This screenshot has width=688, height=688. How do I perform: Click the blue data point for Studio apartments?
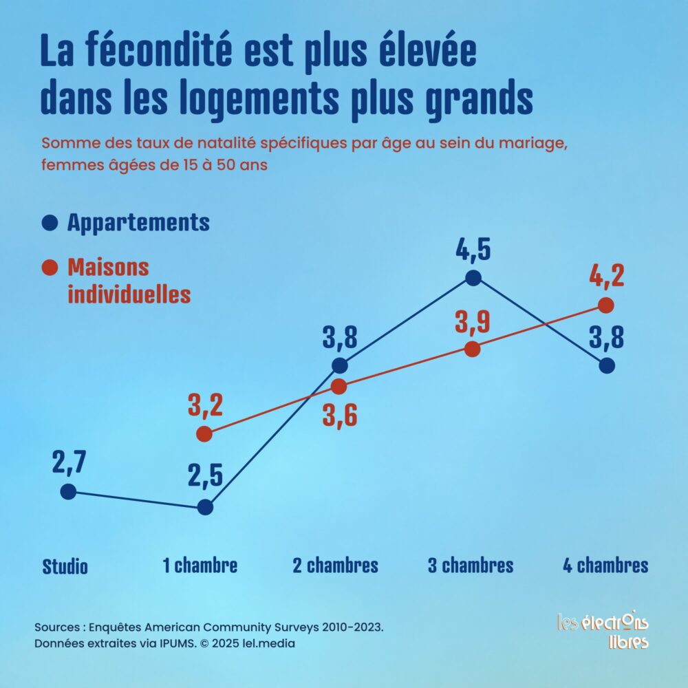pyautogui.click(x=67, y=491)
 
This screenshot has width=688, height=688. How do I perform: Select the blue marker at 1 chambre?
pyautogui.click(x=204, y=508)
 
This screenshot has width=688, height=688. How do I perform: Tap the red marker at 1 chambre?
pyautogui.click(x=204, y=433)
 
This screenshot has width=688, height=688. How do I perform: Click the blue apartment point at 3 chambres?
pyautogui.click(x=473, y=278)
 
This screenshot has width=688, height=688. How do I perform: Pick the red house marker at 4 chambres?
pyautogui.click(x=606, y=305)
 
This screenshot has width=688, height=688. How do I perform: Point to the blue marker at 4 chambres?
pyautogui.click(x=606, y=365)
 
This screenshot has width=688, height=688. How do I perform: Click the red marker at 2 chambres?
pyautogui.click(x=338, y=387)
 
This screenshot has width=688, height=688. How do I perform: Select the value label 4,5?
pyautogui.click(x=473, y=249)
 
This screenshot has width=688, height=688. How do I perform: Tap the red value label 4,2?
pyautogui.click(x=606, y=277)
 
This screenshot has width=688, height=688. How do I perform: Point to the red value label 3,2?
pyautogui.click(x=205, y=406)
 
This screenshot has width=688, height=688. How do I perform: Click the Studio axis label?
pyautogui.click(x=65, y=567)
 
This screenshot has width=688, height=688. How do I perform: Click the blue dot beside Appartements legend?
pyautogui.click(x=49, y=223)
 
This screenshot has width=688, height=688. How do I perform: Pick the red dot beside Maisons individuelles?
pyautogui.click(x=49, y=267)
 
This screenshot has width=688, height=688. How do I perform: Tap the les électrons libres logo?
pyautogui.click(x=603, y=630)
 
